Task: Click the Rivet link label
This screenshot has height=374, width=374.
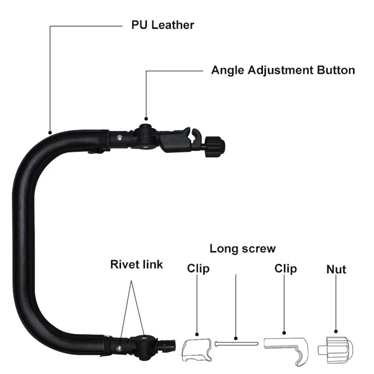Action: [137, 264]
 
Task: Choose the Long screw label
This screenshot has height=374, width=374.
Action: [243, 248]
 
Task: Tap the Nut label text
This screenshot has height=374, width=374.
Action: [336, 269]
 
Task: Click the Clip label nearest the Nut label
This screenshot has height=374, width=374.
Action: [286, 269]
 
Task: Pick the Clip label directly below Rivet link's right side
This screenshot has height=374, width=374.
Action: [198, 269]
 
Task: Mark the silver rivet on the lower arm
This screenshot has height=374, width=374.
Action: [121, 347]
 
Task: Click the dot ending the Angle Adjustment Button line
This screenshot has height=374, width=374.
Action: [146, 120]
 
